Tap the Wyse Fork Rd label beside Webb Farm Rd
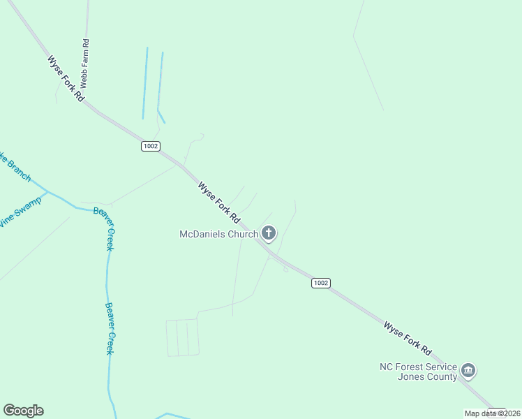click(66, 79)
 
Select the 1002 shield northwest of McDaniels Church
click(151, 146)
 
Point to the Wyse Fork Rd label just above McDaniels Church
click(218, 202)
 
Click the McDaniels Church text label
click(219, 234)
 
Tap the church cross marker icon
click(269, 233)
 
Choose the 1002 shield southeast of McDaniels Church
click(320, 283)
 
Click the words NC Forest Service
click(418, 367)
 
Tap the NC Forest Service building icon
click(468, 370)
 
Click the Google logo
click(23, 411)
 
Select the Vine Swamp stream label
click(20, 212)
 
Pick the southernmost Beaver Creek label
click(110, 328)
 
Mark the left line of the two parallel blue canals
click(145, 82)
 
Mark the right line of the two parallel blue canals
click(161, 82)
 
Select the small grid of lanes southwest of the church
click(182, 337)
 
